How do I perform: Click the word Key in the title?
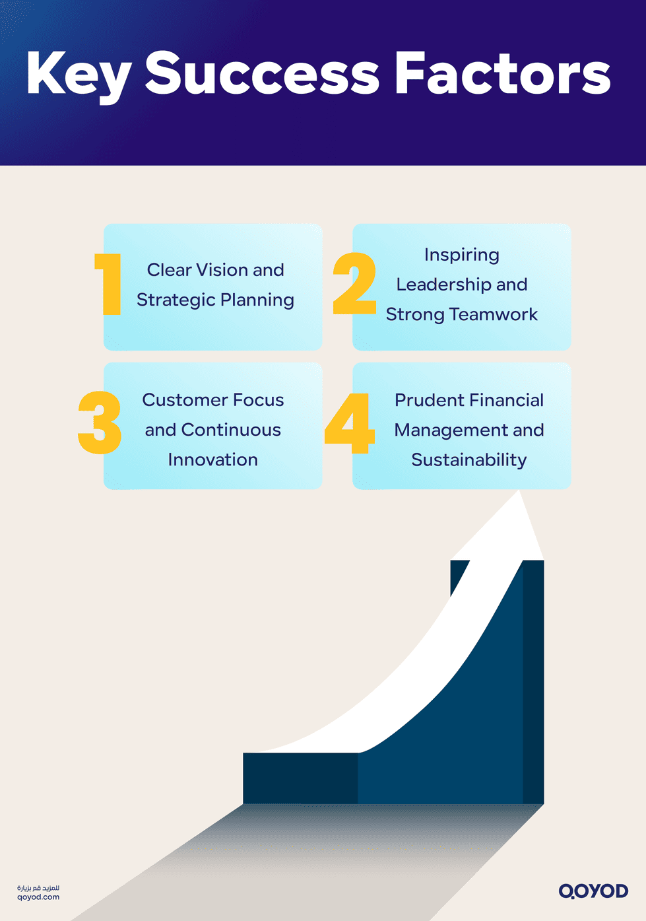pos(79,74)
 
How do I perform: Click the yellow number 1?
pos(109,284)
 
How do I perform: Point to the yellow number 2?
pos(354,284)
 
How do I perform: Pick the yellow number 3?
pos(100,423)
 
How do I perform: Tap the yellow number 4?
pos(350,425)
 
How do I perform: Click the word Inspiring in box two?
pos(461,256)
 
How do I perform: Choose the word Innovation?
pos(212,460)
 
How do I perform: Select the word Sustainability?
pos(468,460)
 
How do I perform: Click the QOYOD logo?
pos(593,891)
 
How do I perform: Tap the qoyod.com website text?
pos(38,897)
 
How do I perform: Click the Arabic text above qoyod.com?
pos(38,888)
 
